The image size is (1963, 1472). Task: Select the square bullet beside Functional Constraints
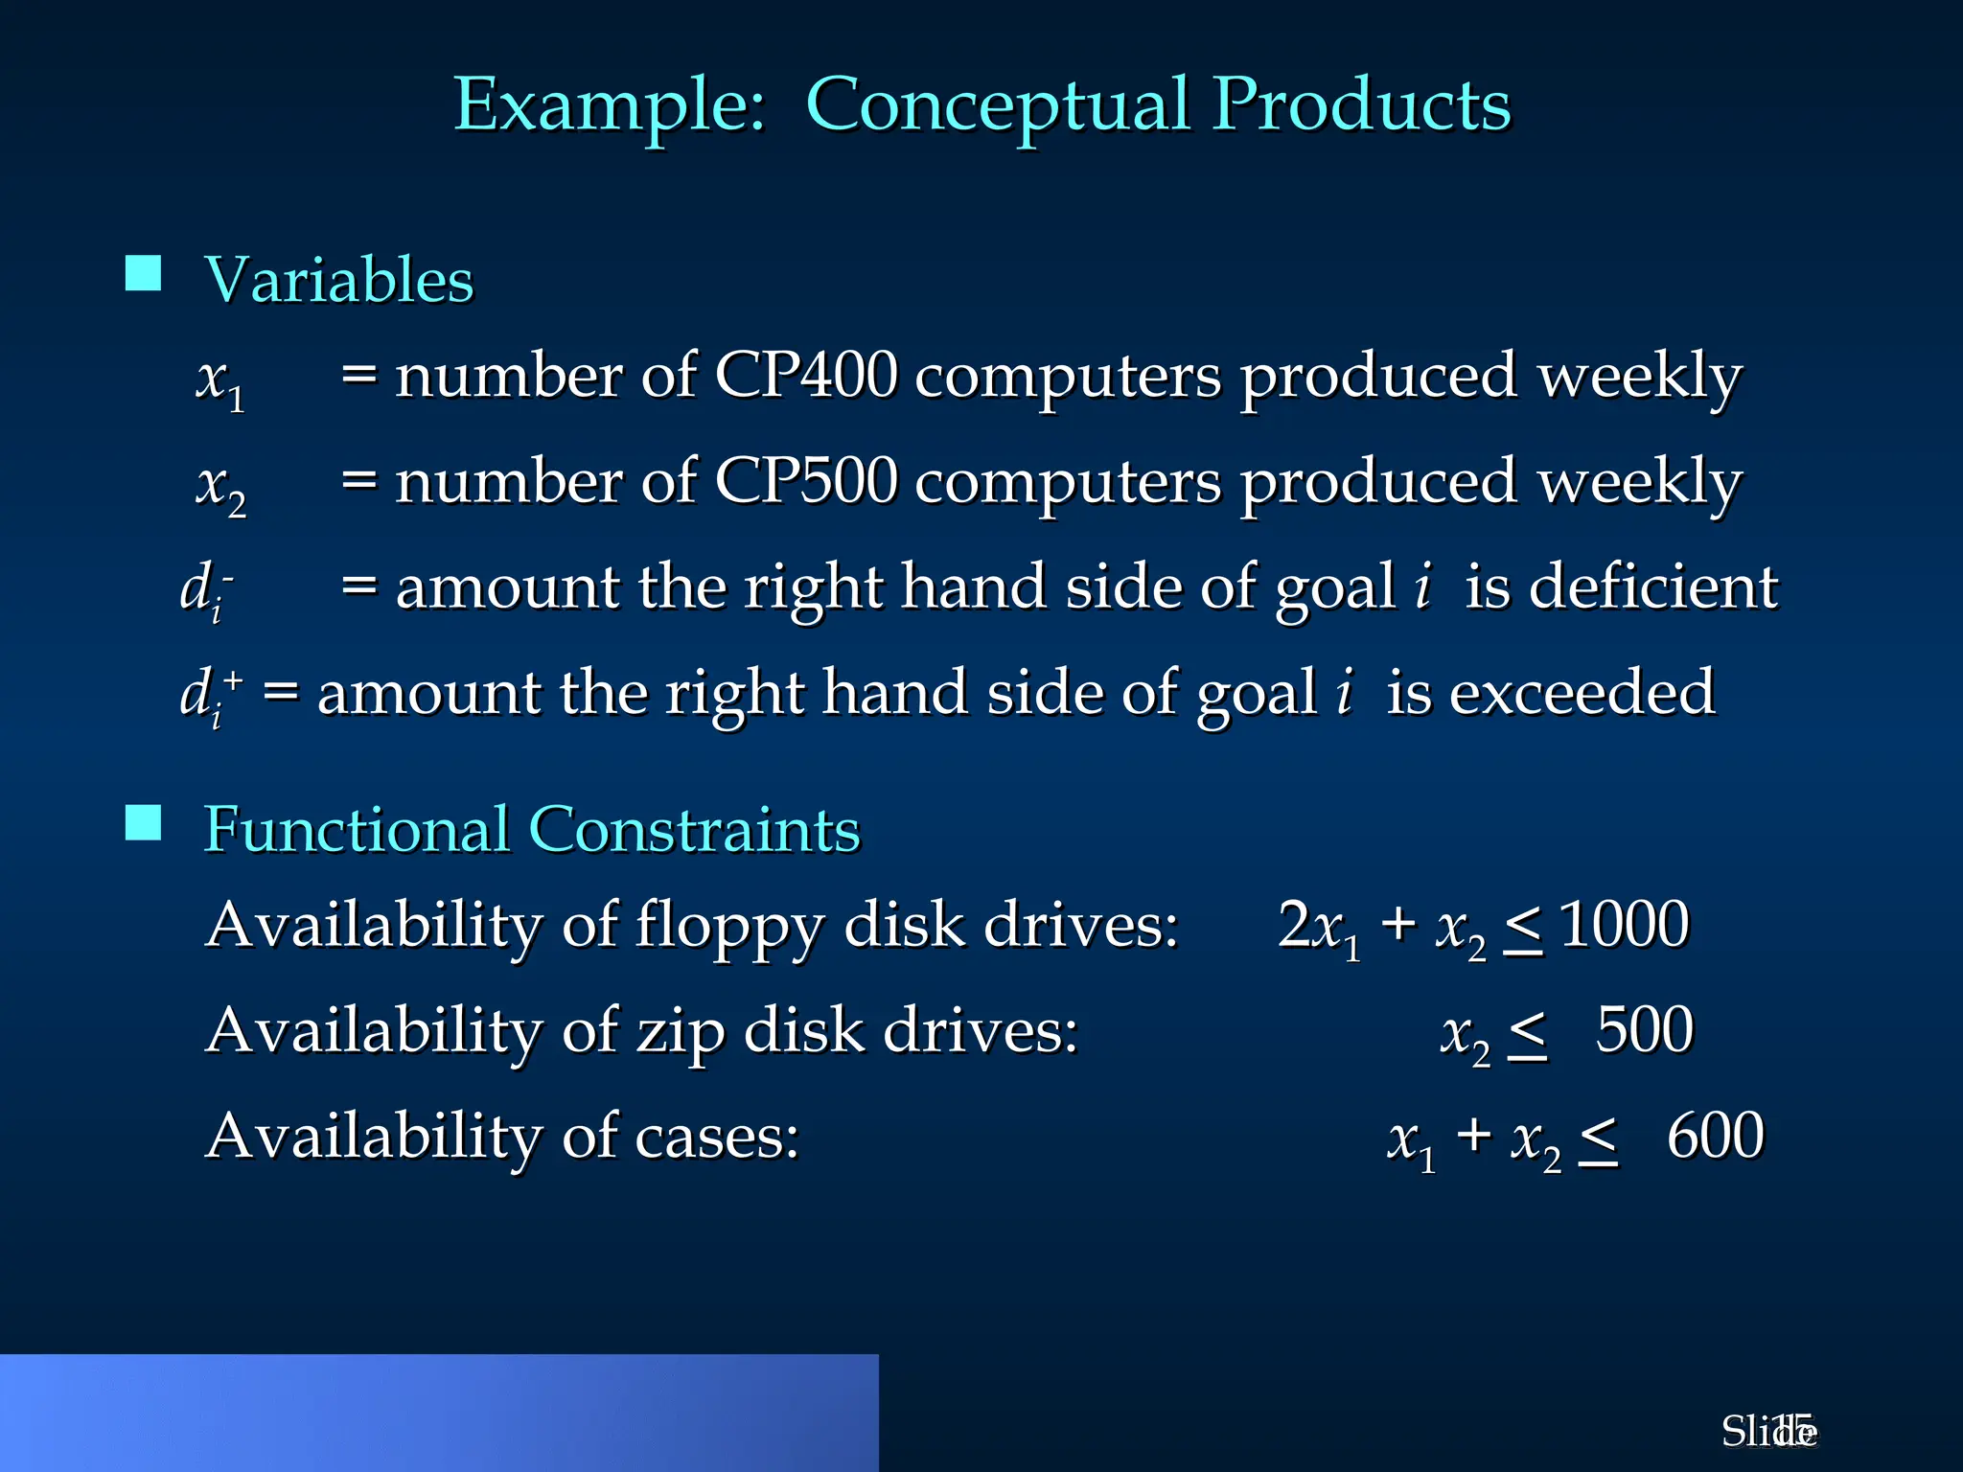144,822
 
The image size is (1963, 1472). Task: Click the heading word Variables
339,280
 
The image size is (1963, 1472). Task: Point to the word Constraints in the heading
694,829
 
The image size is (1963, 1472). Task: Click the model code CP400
806,375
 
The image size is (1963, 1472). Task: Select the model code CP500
806,480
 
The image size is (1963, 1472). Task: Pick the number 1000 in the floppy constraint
1624,925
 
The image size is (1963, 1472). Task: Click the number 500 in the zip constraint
1644,1030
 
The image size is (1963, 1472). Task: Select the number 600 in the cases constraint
1715,1136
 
